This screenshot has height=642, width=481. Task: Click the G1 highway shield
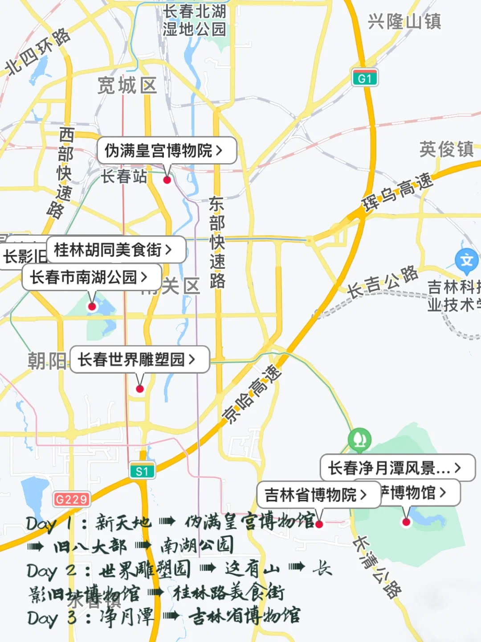[365, 78]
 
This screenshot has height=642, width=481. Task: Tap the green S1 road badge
[142, 471]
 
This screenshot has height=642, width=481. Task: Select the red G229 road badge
[72, 499]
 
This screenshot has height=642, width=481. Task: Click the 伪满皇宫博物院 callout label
[166, 151]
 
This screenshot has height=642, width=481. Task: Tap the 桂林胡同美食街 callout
[115, 250]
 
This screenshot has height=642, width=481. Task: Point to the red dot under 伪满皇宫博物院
[167, 180]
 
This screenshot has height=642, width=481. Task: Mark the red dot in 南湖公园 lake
[92, 306]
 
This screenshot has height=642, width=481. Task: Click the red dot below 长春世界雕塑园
[140, 389]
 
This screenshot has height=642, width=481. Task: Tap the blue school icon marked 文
[466, 260]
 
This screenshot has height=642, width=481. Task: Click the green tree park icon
[360, 439]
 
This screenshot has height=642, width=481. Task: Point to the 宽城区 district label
[127, 85]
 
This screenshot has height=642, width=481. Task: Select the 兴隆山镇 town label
[404, 21]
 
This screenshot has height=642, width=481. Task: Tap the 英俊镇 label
[446, 149]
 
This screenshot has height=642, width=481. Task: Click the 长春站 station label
[124, 177]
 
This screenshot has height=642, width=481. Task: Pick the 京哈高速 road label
[253, 394]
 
